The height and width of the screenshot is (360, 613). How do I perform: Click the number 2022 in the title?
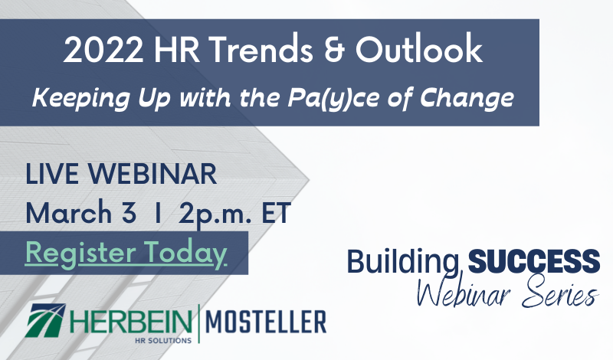pyautogui.click(x=103, y=50)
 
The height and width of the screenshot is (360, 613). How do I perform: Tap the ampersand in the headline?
pyautogui.click(x=334, y=50)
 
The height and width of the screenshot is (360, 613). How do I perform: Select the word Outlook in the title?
pyautogui.click(x=419, y=49)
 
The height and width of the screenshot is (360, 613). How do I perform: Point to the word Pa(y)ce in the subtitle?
pyautogui.click(x=333, y=97)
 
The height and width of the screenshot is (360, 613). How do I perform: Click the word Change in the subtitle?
pyautogui.click(x=467, y=98)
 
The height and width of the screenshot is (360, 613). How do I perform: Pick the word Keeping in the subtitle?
pyautogui.click(x=81, y=98)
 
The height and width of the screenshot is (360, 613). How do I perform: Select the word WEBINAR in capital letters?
pyautogui.click(x=152, y=174)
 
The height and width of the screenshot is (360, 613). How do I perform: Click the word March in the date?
pyautogui.click(x=69, y=212)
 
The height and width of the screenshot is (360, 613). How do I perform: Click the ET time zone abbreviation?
pyautogui.click(x=276, y=212)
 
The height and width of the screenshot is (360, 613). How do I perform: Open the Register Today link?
pyautogui.click(x=126, y=253)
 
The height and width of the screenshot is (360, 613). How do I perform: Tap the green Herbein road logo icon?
pyautogui.click(x=45, y=320)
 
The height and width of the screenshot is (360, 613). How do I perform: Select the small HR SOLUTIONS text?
pyautogui.click(x=163, y=340)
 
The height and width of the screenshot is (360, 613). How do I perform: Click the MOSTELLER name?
pyautogui.click(x=266, y=322)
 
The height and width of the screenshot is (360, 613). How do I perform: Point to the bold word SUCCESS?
pyautogui.click(x=534, y=261)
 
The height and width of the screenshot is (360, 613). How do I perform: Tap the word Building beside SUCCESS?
pyautogui.click(x=403, y=263)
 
